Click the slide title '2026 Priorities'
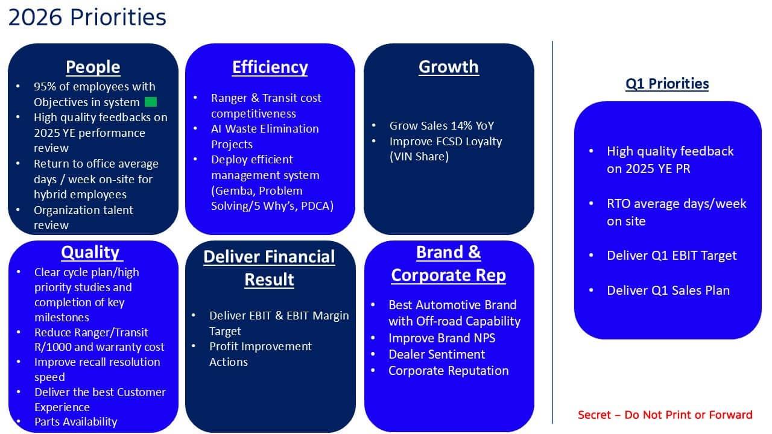(87, 17)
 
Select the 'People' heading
(93, 67)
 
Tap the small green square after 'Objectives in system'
(151, 102)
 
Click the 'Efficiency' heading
(270, 67)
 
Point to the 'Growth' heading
(449, 67)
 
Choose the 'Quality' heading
(90, 252)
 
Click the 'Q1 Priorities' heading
(667, 84)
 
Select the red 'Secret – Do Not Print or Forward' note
(665, 415)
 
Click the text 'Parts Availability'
(76, 422)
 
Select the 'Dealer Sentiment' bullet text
(437, 354)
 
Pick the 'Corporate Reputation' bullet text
(449, 371)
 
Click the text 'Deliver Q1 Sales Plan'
(668, 291)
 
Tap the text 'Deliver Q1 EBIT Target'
(672, 256)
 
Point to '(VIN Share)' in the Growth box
(419, 157)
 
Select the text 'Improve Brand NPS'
(442, 338)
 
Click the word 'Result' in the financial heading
(269, 279)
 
